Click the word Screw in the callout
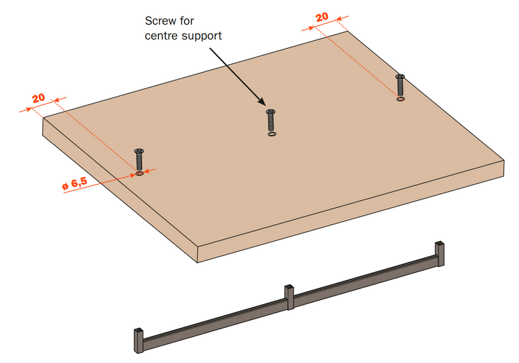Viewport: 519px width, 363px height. point(160,20)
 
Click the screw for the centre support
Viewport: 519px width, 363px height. point(271,121)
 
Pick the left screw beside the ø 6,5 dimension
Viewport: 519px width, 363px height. point(139,159)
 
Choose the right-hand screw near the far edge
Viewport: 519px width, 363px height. point(400,85)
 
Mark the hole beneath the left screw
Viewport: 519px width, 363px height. point(139,174)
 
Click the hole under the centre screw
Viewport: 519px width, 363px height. point(271,134)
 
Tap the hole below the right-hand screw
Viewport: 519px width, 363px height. point(400,99)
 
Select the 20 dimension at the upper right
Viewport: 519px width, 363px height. point(322,18)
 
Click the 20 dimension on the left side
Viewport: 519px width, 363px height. point(38,98)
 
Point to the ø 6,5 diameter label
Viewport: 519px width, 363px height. point(75,185)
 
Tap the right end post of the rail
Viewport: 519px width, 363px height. point(441,253)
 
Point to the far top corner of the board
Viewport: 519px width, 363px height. point(348,31)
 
